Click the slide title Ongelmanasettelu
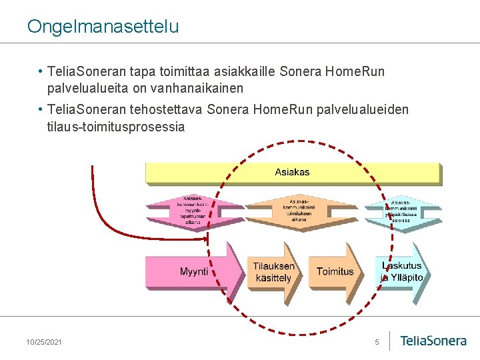(x=103, y=26)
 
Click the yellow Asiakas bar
(x=292, y=173)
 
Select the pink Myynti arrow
(x=194, y=271)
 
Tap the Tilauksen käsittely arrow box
(x=273, y=271)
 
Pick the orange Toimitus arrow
(x=335, y=271)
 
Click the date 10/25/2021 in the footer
(x=44, y=342)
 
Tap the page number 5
(x=377, y=342)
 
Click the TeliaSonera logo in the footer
(x=433, y=341)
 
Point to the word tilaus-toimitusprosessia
(x=115, y=127)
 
